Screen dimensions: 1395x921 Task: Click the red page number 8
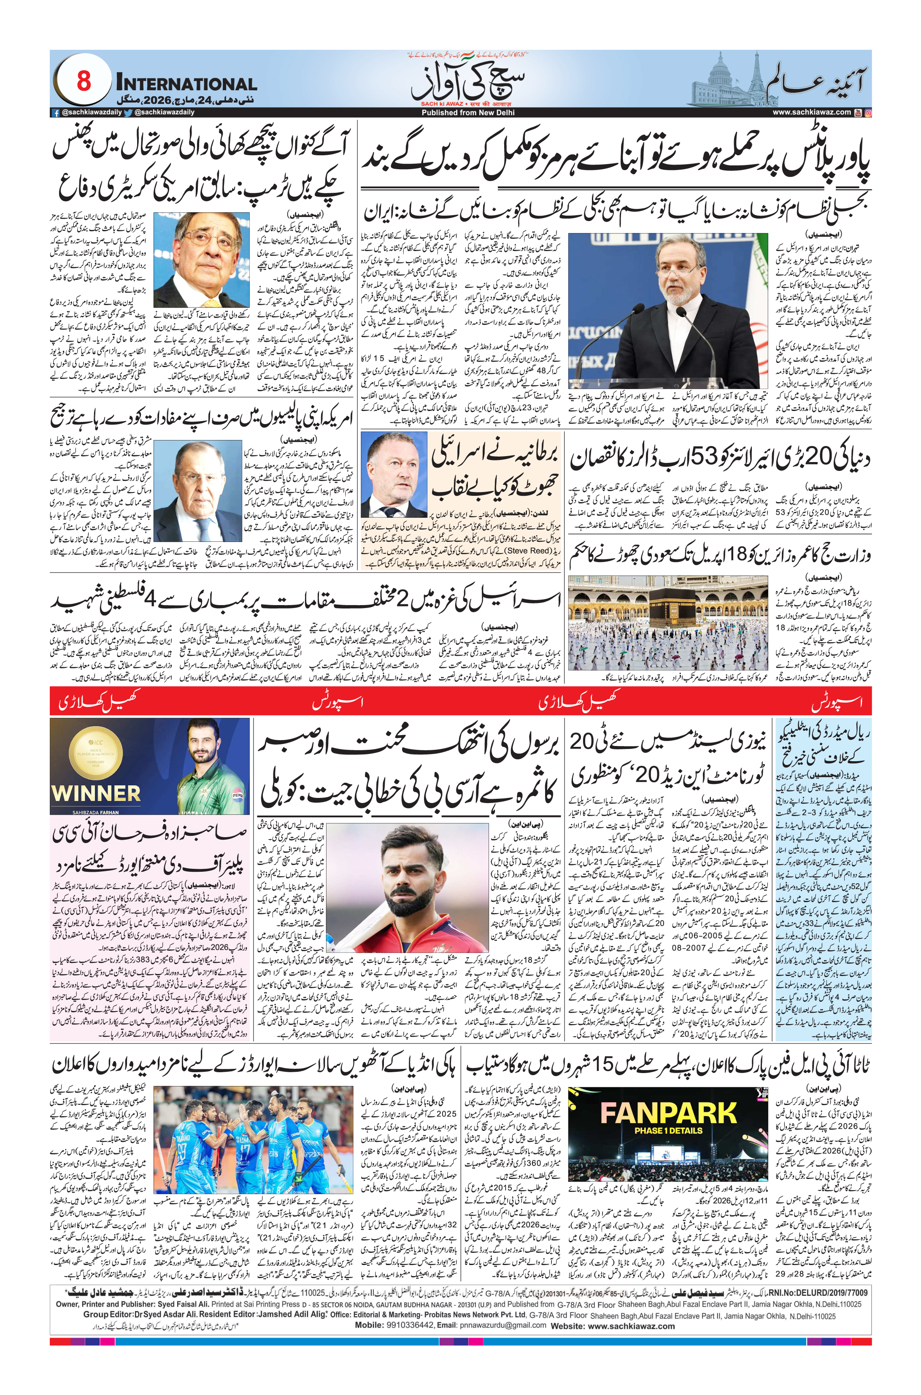click(84, 81)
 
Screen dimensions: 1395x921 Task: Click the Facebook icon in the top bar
click(56, 113)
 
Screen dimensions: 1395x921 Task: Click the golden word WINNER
click(96, 794)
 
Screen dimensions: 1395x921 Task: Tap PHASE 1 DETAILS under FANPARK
click(668, 1131)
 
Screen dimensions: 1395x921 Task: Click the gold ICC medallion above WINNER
click(96, 754)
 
